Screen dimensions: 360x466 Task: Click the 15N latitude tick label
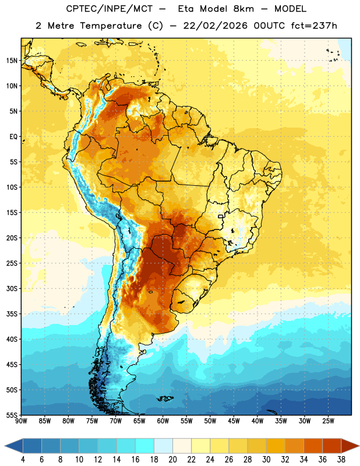click(12, 61)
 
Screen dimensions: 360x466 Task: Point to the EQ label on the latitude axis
click(13, 137)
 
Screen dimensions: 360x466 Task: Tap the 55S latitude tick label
click(12, 415)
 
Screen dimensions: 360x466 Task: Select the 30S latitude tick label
click(12, 288)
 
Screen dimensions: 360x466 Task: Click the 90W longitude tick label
click(22, 421)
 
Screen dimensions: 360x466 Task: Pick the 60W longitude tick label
click(163, 421)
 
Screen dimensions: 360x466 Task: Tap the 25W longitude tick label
click(328, 421)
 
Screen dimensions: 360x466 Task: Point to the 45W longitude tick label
click(234, 421)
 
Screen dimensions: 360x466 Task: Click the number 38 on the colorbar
click(341, 460)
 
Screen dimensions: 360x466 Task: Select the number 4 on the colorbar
click(23, 460)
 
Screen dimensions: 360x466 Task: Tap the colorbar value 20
click(172, 460)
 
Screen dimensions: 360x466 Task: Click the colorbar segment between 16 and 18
click(145, 446)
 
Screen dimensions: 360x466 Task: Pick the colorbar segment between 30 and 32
click(276, 446)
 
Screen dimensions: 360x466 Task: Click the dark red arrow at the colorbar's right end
click(350, 446)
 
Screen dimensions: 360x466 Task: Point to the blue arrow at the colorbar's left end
click(14, 446)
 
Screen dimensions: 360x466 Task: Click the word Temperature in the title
click(111, 26)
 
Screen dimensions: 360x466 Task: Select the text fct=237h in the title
click(314, 26)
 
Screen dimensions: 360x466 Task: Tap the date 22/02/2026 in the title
click(215, 26)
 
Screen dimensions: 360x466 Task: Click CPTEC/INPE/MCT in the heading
click(109, 9)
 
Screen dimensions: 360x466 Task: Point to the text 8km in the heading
click(243, 9)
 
